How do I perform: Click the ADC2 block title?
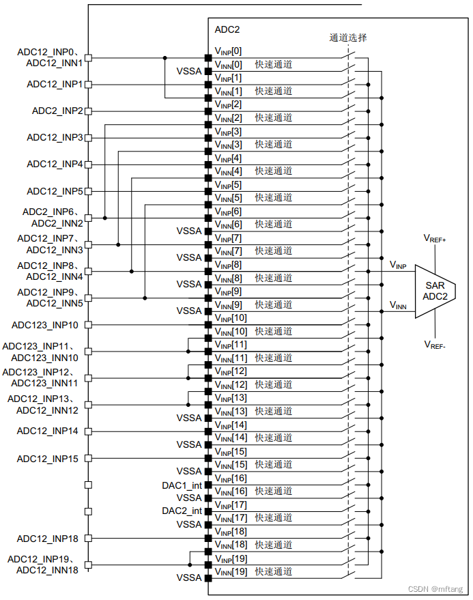click(x=227, y=30)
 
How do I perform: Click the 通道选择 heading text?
click(x=347, y=38)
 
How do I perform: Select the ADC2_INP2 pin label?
click(x=58, y=111)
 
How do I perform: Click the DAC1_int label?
click(x=182, y=485)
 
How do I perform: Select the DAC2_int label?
click(x=182, y=511)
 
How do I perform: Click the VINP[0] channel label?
click(x=228, y=51)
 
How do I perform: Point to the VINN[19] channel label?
click(x=231, y=571)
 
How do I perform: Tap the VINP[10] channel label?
click(x=231, y=318)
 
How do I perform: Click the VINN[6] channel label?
click(x=228, y=225)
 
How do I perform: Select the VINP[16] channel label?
click(x=231, y=478)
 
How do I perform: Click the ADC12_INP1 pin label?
click(x=55, y=84)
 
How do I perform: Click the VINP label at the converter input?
click(x=398, y=264)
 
